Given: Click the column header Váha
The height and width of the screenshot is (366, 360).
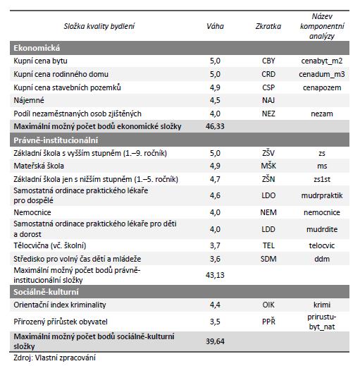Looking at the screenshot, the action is pos(215,26).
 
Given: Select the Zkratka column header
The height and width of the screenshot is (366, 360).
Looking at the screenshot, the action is pos(268,26).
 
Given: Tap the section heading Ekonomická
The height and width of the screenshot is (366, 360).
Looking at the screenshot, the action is pos(37,48).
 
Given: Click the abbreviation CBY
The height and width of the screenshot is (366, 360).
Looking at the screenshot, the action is pos(268,61).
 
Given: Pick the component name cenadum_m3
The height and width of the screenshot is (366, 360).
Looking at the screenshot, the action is pos(322,74).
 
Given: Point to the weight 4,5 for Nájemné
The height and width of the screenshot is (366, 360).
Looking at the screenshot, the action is pos(215,100).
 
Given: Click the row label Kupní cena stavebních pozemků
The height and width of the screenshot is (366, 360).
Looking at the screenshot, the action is pos(67,87).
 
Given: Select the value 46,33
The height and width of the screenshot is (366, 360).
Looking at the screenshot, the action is pos(215,126).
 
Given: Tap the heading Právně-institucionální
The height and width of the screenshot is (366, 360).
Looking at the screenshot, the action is pos(56,140).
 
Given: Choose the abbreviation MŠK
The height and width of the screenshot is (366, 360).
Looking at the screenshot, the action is pos(268,166).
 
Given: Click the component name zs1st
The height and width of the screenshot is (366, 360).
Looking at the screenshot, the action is pos(322,179).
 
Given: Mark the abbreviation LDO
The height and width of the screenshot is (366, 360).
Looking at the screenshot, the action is pos(268,195).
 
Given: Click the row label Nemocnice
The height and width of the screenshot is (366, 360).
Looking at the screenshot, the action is pos(32,212).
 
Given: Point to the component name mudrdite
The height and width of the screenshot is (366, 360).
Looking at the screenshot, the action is pos(322,229).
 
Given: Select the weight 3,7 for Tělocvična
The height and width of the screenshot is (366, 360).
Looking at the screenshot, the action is pos(215,245).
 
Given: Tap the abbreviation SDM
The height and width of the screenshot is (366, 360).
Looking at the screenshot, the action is pos(268,259).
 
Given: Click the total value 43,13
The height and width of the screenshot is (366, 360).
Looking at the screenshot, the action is pos(215,275).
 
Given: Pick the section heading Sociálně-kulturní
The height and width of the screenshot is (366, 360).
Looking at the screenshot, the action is pos(46,292).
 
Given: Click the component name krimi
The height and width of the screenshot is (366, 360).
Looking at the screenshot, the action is pos(322,305).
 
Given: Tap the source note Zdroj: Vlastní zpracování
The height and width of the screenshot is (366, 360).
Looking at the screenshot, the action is pos(54,358).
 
